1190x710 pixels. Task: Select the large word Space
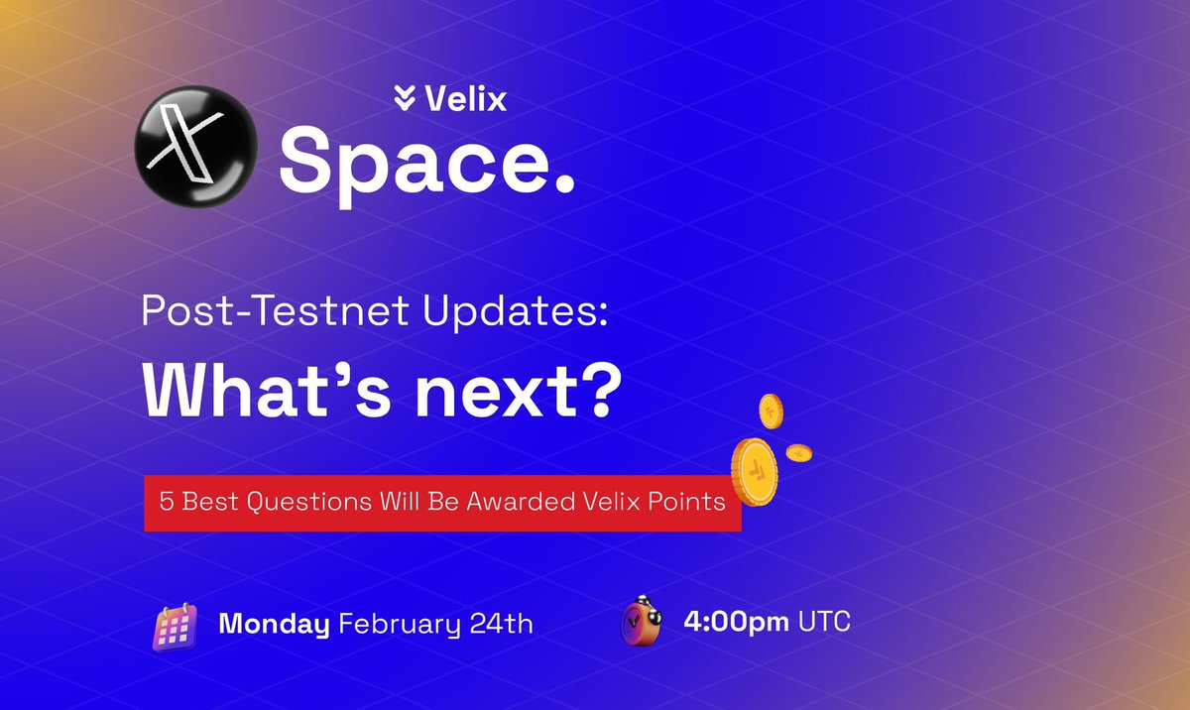coord(408,161)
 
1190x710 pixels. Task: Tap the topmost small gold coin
coord(771,410)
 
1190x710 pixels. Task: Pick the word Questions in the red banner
coord(303,502)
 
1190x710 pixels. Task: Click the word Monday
coord(274,625)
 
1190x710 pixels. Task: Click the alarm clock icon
coord(641,623)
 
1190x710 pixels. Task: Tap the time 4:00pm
coord(736,622)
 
